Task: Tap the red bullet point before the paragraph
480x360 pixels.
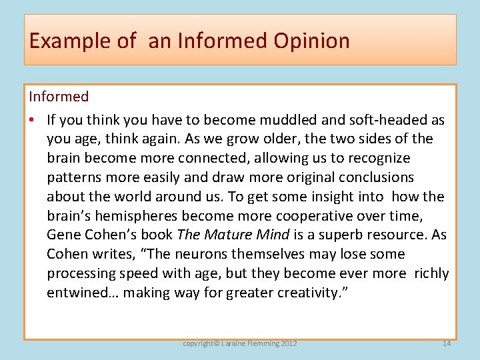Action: tap(32, 120)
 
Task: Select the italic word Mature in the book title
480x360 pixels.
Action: tap(227, 235)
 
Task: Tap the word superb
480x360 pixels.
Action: tap(323, 235)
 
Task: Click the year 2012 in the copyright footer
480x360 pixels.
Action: tap(288, 343)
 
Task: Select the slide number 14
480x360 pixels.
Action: tap(446, 343)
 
